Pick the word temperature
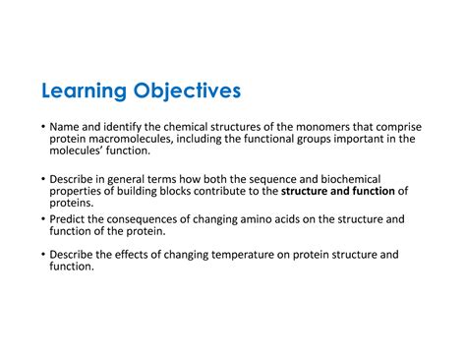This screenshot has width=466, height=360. (245, 254)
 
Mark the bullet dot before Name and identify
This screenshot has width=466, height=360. (43, 128)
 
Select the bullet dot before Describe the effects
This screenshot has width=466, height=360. (43, 255)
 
